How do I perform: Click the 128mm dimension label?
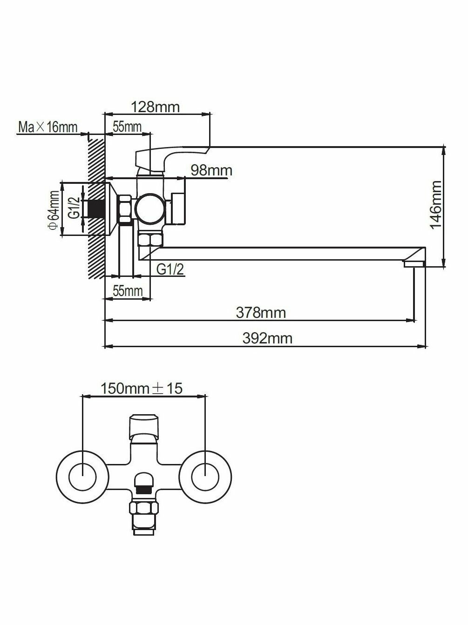[155, 107]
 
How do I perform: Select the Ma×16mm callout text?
[47, 127]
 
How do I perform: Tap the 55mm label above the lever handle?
[127, 127]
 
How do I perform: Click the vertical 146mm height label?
[436, 205]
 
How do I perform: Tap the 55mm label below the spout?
[128, 291]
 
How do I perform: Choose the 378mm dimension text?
[261, 312]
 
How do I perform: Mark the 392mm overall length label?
[267, 338]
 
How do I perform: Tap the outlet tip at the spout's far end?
[414, 264]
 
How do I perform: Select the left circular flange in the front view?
[82, 477]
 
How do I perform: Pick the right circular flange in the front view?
[205, 477]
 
